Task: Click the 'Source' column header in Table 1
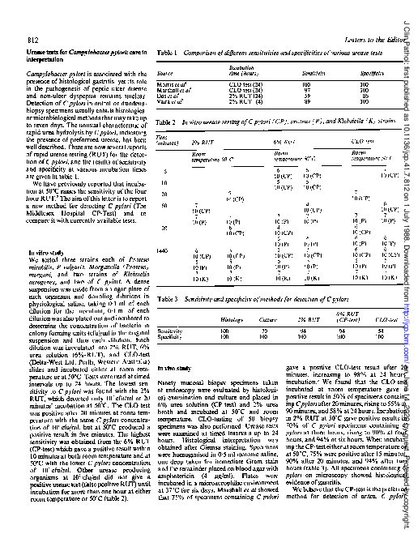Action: coord(166,72)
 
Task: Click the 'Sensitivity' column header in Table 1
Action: coord(305,72)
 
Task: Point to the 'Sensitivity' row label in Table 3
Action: coord(170,330)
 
